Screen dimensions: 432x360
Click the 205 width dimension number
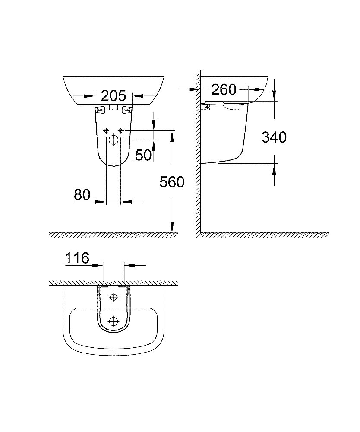113,95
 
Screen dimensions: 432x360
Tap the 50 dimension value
144,154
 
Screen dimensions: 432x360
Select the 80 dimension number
82,194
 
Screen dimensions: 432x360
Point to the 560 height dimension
172,182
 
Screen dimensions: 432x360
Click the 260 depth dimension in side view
224,89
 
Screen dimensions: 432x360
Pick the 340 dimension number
274,137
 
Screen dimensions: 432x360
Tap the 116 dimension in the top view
77,258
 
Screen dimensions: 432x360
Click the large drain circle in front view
114,140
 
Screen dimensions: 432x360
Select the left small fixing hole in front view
106,130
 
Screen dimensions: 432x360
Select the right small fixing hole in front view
121,130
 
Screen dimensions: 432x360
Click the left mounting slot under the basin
101,110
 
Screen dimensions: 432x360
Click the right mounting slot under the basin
126,110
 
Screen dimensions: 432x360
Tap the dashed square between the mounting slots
114,108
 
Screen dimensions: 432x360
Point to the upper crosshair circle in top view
114,297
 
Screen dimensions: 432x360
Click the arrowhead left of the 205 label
90,95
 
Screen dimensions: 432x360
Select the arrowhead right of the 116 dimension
128,265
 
